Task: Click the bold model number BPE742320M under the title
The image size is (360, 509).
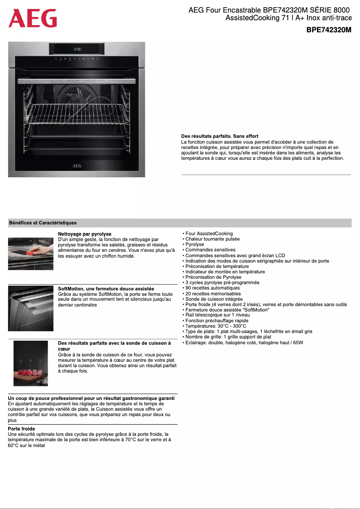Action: coord(329,30)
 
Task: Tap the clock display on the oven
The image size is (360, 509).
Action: coord(77,49)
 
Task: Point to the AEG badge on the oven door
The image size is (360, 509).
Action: coord(77,165)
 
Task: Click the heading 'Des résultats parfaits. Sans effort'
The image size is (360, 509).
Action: coord(220,136)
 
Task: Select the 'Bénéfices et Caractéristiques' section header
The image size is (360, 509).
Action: coord(43,223)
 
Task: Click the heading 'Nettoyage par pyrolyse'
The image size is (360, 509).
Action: coord(85,234)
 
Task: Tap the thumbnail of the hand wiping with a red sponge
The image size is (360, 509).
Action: coord(31,254)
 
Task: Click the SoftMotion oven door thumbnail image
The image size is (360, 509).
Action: coord(31,308)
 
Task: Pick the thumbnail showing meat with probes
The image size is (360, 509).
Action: coord(31,363)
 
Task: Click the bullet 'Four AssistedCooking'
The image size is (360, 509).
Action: coord(209,233)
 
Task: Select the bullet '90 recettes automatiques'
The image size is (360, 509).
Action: coord(212,288)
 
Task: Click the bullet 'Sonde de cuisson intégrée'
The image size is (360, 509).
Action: coord(214,299)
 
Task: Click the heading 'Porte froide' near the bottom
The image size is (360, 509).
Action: coord(22,429)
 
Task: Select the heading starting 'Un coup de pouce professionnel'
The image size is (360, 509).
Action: coord(91,398)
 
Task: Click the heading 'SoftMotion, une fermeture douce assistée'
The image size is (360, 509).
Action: coord(106,289)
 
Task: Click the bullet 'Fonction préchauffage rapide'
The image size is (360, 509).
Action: coord(216,320)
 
